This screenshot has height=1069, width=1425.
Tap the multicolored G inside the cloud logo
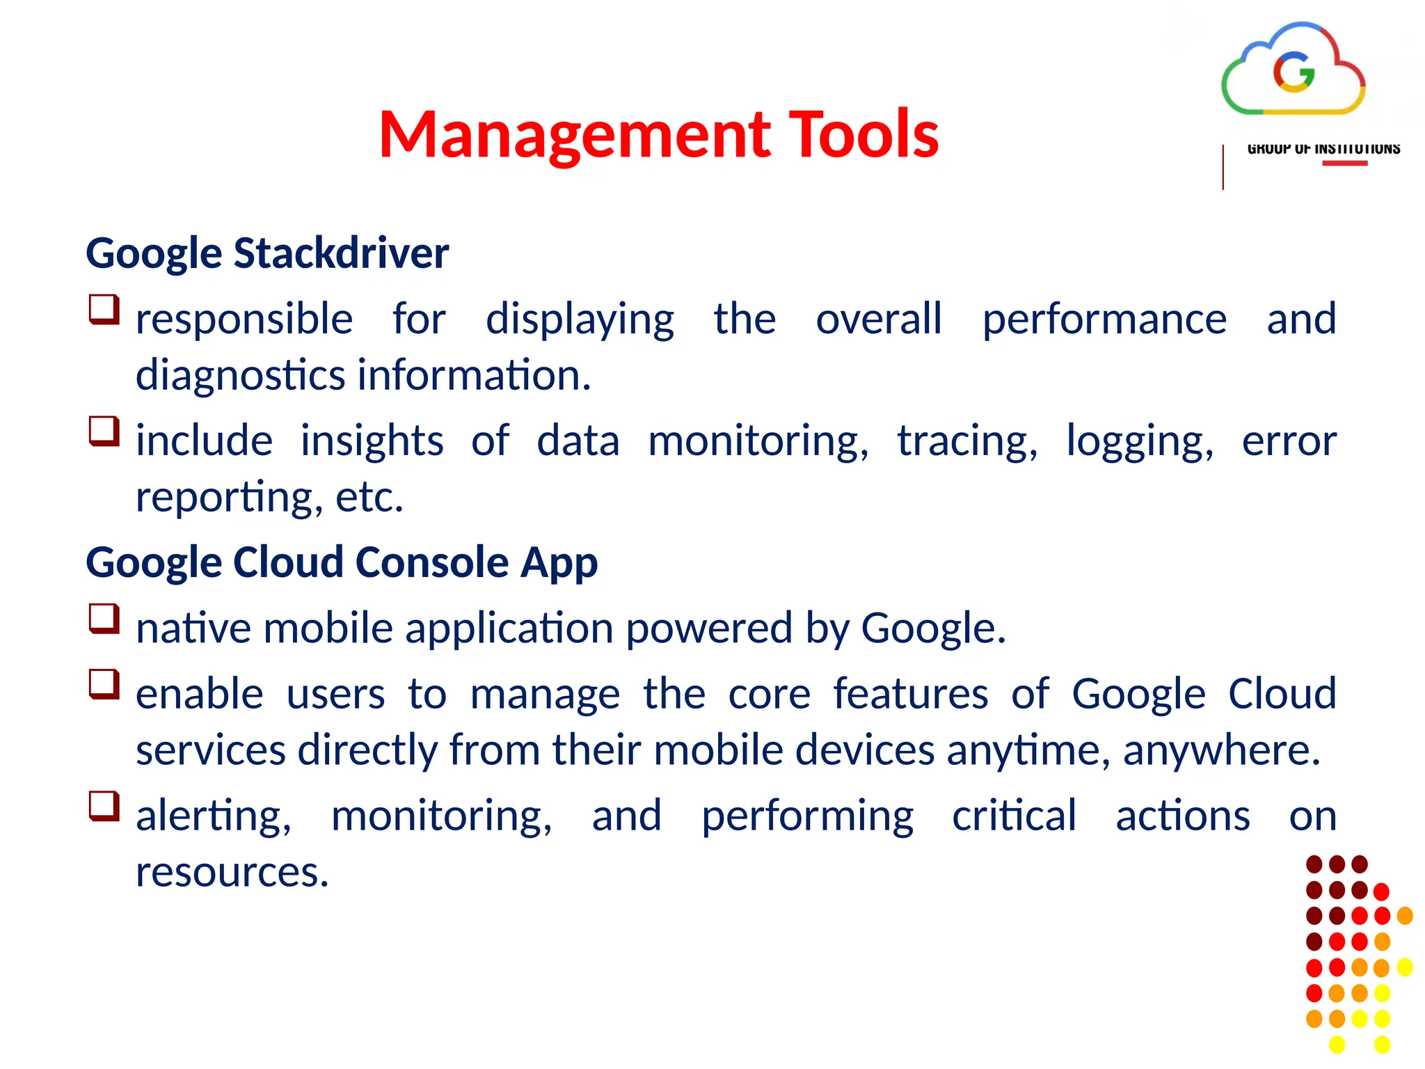pyautogui.click(x=1293, y=72)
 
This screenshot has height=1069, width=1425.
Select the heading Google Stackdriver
pyautogui.click(x=267, y=253)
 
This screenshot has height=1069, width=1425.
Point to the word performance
pyautogui.click(x=1104, y=319)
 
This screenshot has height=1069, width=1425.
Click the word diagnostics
pyautogui.click(x=240, y=376)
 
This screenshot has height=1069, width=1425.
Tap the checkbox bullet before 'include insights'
pyautogui.click(x=104, y=431)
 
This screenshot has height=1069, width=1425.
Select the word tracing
pyautogui.click(x=966, y=441)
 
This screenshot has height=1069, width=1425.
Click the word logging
pyautogui.click(x=1140, y=441)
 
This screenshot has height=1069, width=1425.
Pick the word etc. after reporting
pyautogui.click(x=369, y=498)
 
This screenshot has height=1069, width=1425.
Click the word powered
pyautogui.click(x=709, y=628)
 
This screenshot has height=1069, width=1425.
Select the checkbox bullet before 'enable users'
pyautogui.click(x=104, y=684)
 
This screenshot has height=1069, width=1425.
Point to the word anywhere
pyautogui.click(x=1221, y=751)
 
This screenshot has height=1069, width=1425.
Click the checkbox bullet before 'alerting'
pyautogui.click(x=104, y=806)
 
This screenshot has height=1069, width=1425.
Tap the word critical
pyautogui.click(x=1014, y=816)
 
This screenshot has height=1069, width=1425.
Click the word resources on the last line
pyautogui.click(x=232, y=873)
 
